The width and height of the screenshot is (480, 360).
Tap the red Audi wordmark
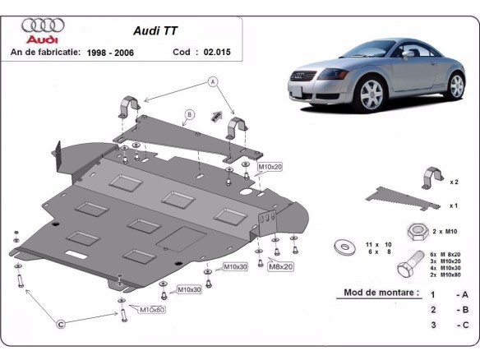click(42, 39)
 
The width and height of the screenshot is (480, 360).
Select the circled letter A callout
click(211, 81)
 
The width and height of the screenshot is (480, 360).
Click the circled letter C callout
click(61, 325)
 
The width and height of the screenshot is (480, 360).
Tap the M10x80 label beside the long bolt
click(152, 310)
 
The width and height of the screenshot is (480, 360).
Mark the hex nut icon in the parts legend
click(414, 231)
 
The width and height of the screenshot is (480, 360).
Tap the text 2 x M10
click(446, 232)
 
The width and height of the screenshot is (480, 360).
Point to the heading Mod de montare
click(377, 293)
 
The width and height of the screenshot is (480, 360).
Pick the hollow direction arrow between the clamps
click(218, 114)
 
